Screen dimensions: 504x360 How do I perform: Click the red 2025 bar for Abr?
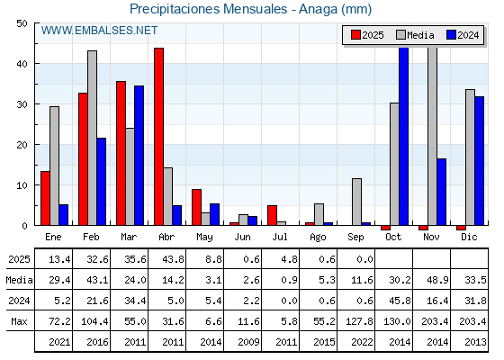158,137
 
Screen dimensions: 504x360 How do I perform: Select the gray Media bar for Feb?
92,138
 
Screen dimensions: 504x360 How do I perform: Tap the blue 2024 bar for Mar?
139,156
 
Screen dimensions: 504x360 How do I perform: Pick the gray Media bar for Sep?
356,202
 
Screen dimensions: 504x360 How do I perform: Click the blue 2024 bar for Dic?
479,161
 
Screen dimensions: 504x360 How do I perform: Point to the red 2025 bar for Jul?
272,215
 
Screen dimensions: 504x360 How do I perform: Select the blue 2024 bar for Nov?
442,192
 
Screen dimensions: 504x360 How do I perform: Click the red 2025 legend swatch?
355,35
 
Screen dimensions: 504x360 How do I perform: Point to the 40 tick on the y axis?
22,64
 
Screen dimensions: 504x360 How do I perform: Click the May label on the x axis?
204,238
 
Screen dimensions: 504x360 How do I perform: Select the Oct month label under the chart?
393,238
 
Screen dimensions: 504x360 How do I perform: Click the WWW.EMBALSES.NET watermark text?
99,31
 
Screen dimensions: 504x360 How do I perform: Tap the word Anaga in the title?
319,9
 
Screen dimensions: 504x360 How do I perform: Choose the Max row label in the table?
19,321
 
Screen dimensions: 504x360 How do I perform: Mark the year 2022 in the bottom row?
362,342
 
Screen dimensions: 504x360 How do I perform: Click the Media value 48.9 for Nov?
437,280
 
